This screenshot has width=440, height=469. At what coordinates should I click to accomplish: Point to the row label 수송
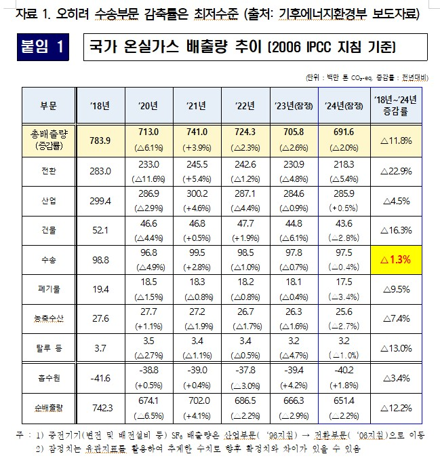click(x=48, y=259)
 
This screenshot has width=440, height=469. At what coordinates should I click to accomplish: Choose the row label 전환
click(x=48, y=170)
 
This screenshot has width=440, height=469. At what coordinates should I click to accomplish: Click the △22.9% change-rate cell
click(x=397, y=170)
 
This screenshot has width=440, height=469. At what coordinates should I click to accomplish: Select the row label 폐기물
click(x=48, y=289)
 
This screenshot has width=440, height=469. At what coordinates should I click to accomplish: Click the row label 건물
click(x=48, y=229)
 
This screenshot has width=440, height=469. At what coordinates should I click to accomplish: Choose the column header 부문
click(x=48, y=105)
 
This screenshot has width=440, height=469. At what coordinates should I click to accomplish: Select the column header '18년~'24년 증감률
click(x=397, y=105)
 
